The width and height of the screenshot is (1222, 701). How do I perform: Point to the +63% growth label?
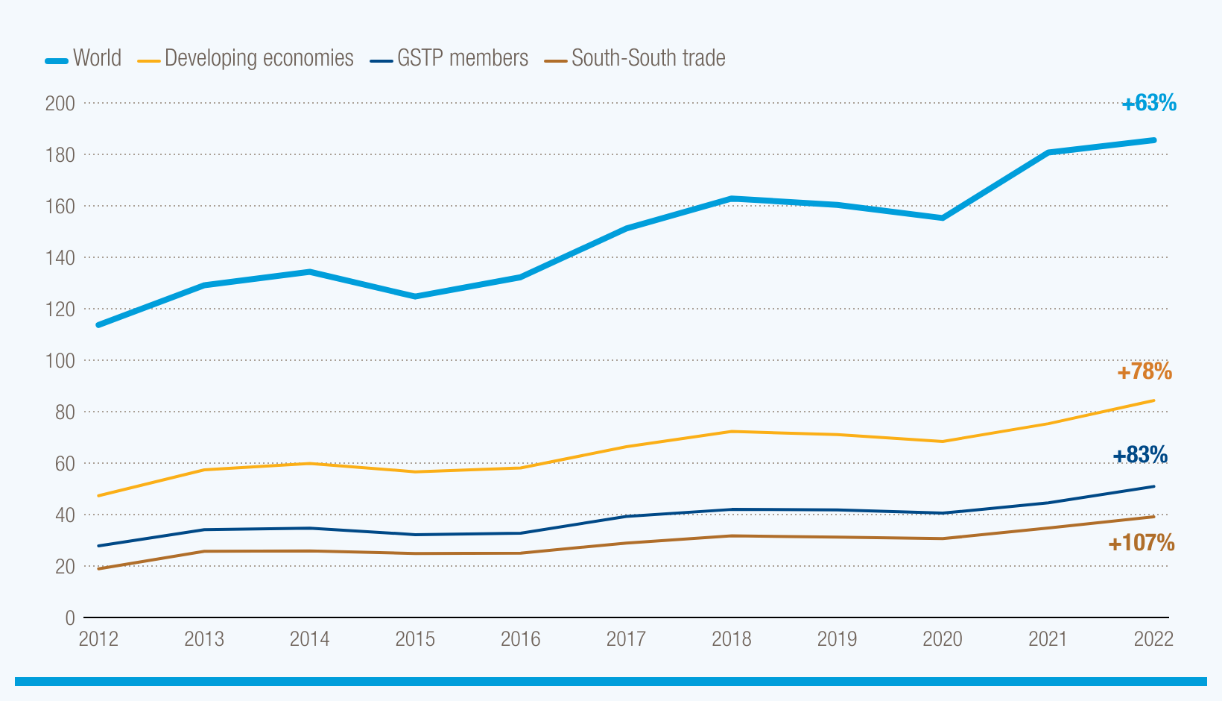pos(1149,103)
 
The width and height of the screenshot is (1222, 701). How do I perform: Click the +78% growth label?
pos(1145,371)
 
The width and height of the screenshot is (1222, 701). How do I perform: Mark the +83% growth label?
pos(1140,455)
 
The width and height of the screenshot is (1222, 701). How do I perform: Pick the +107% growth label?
pos(1141,543)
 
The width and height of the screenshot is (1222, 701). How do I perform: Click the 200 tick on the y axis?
pos(60,103)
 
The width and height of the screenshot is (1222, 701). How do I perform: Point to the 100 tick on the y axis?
pos(60,360)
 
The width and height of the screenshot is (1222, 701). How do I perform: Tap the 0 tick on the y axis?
pos(70,617)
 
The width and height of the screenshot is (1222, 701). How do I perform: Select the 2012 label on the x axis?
pos(98,639)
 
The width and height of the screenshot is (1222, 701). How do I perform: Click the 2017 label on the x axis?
pos(626,639)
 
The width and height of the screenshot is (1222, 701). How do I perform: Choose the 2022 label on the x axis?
pos(1153,639)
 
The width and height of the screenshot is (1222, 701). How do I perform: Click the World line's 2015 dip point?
pos(415,297)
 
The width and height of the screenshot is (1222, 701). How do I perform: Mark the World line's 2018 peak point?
pos(732,198)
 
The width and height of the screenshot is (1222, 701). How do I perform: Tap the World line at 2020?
pos(943,218)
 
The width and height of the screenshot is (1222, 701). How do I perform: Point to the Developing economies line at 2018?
pos(732,432)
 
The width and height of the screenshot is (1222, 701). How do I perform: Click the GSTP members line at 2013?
pos(204,529)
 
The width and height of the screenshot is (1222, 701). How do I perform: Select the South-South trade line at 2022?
pos(1153,517)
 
